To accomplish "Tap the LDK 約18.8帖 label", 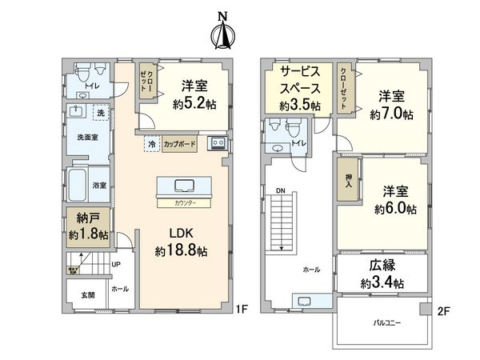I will click(x=182, y=242).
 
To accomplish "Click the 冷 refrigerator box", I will click(x=151, y=145).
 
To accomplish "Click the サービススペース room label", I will click(x=300, y=88).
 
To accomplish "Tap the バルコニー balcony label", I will click(x=387, y=322).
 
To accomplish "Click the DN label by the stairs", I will click(x=280, y=190).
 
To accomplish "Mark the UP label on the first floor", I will click(x=117, y=264).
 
